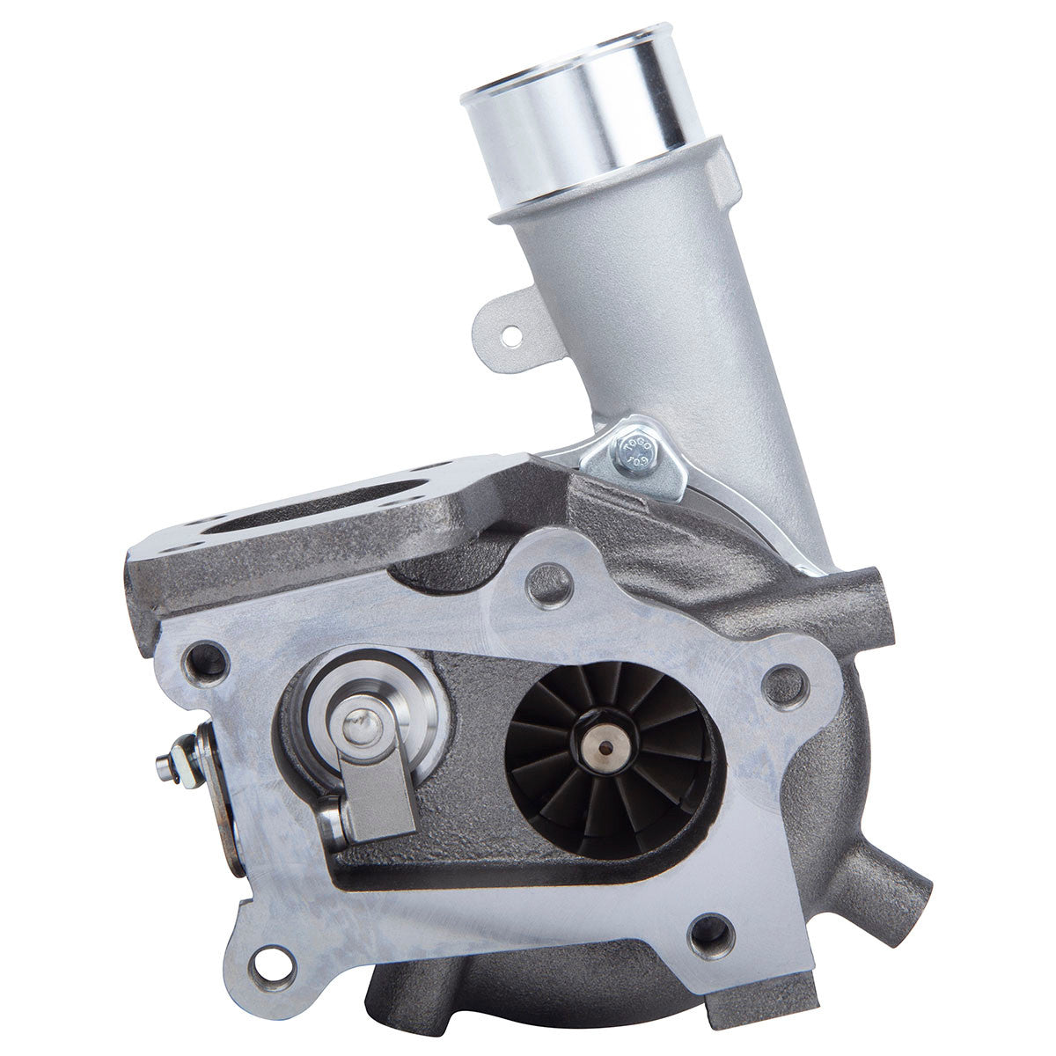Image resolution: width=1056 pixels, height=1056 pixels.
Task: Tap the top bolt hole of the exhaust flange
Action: tap(554, 581)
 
